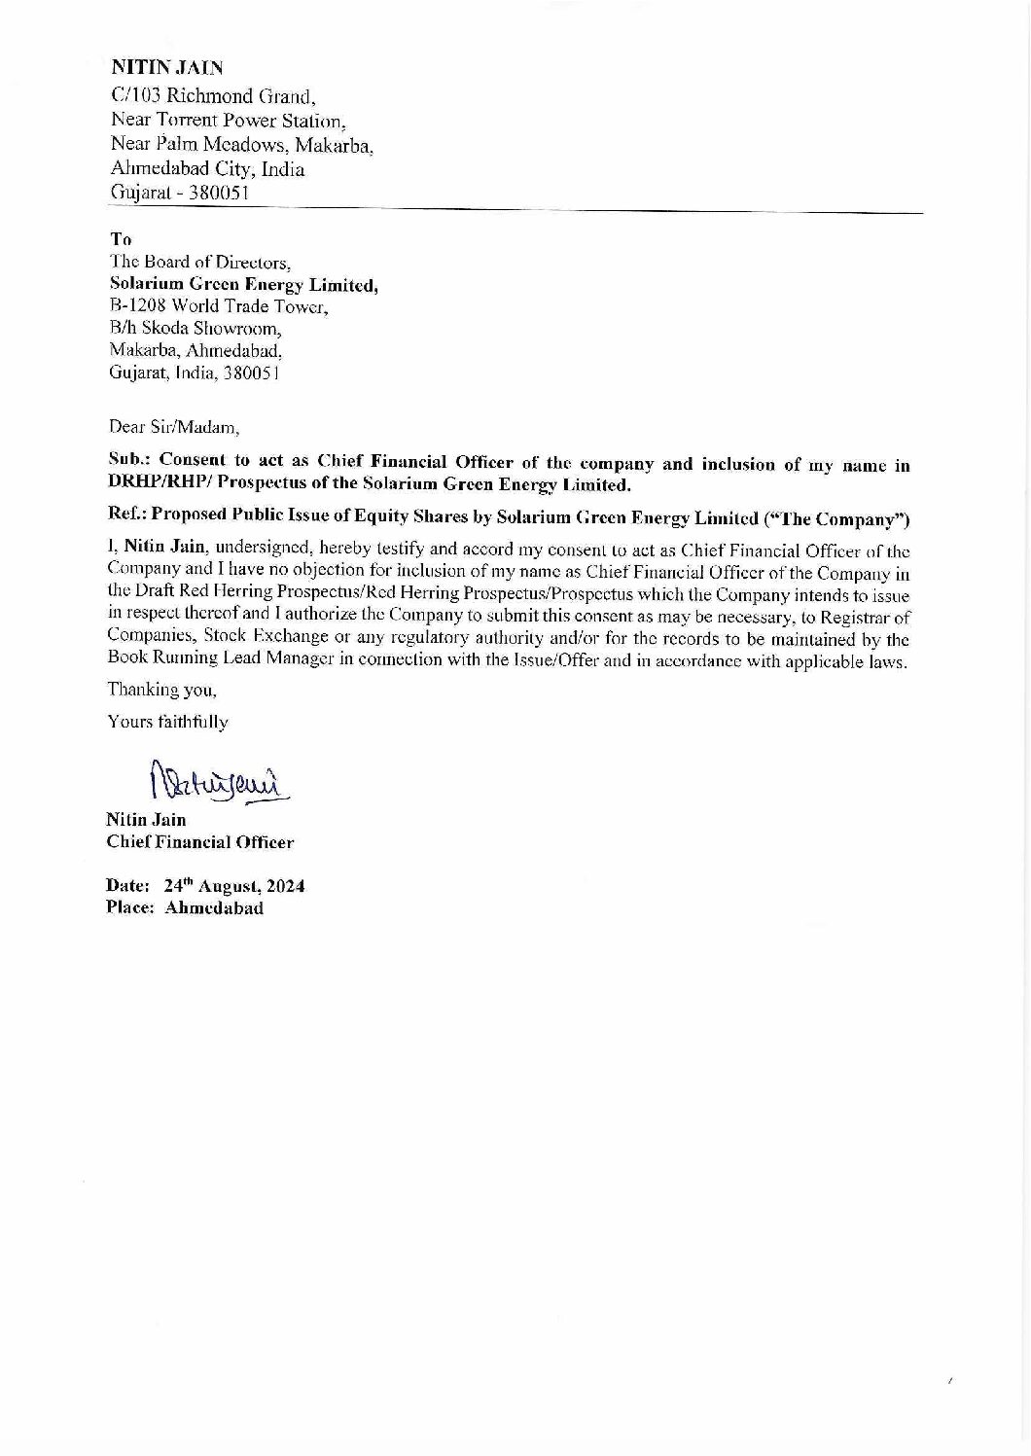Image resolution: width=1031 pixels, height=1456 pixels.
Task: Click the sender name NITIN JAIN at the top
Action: (x=168, y=68)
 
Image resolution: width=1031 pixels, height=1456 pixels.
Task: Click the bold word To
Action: (x=122, y=238)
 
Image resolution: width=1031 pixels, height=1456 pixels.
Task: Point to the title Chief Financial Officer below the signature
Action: (x=200, y=842)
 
